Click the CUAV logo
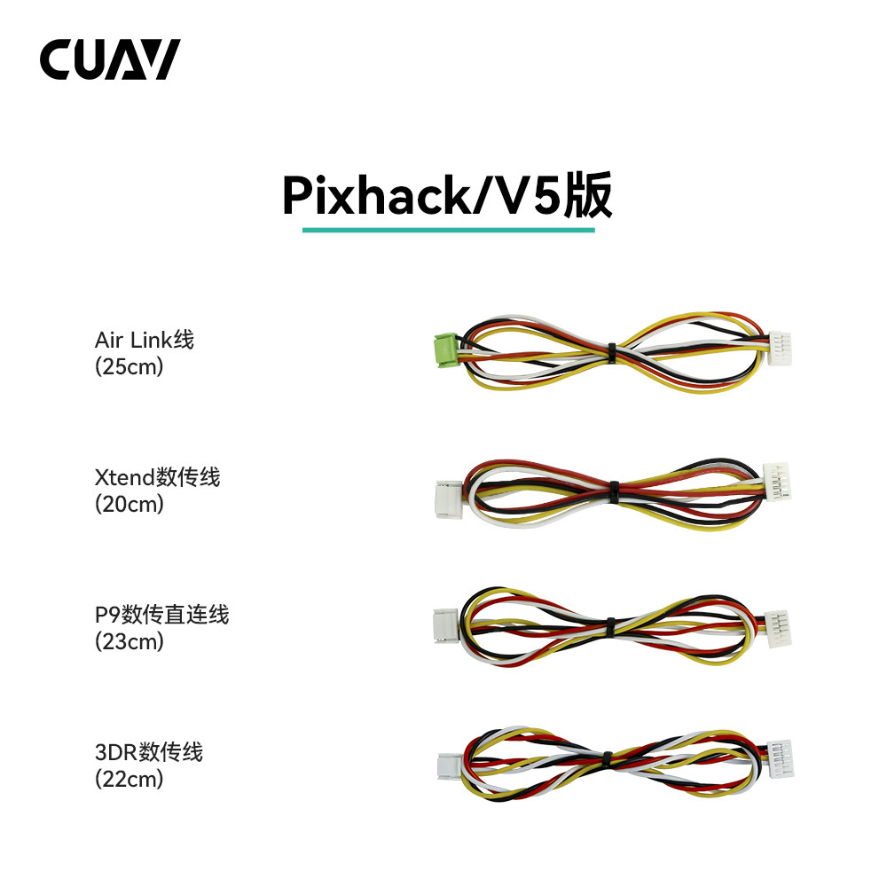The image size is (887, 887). (x=110, y=59)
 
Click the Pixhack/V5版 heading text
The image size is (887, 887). (x=447, y=195)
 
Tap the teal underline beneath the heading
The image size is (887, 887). (x=448, y=230)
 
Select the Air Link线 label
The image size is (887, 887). (x=144, y=340)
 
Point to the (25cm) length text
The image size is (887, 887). (x=130, y=366)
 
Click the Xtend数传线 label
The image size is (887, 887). (x=157, y=477)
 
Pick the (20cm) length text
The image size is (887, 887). (x=130, y=504)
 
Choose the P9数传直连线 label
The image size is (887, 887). (x=161, y=614)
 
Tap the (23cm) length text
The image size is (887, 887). (x=130, y=641)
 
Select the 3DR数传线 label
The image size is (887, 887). (x=149, y=752)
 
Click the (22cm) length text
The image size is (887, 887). (x=130, y=779)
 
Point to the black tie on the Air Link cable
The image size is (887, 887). (x=612, y=352)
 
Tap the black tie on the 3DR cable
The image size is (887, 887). (x=608, y=759)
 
